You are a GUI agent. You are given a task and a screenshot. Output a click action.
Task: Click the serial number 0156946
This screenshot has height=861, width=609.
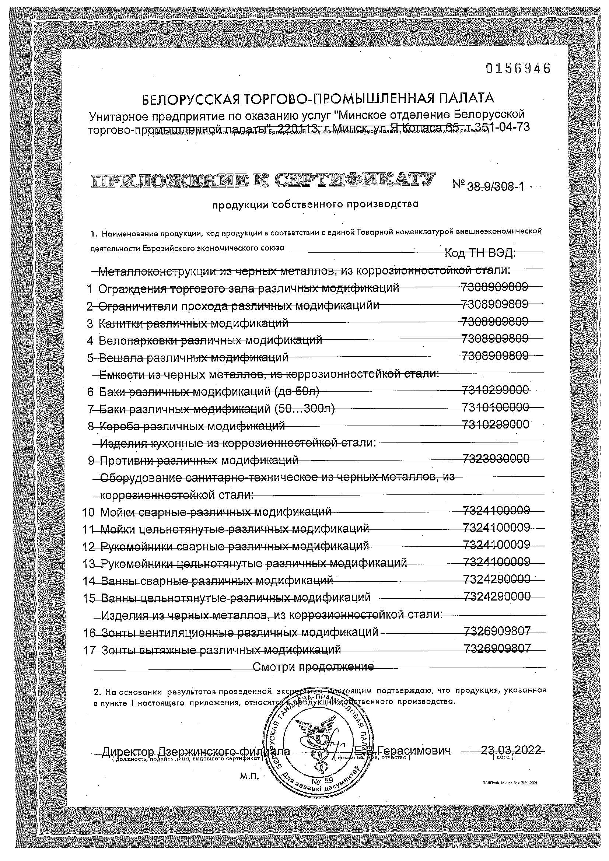tap(518, 69)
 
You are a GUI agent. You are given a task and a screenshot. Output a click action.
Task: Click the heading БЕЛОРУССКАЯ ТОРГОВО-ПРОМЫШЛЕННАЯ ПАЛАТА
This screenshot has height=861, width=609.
tap(318, 98)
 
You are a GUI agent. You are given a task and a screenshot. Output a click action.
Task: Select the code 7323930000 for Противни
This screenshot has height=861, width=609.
tap(496, 458)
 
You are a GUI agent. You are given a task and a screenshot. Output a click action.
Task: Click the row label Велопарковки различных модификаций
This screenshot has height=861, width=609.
tap(210, 340)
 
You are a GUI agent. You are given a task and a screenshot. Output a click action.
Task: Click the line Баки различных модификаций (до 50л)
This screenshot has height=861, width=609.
tap(209, 392)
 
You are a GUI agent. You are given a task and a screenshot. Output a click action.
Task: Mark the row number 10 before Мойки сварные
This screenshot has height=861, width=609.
tap(89, 512)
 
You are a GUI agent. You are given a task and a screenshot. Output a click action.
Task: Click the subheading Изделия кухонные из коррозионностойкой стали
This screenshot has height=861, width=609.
tap(238, 443)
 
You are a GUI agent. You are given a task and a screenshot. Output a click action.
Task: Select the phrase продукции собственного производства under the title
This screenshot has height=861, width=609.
tap(315, 205)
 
